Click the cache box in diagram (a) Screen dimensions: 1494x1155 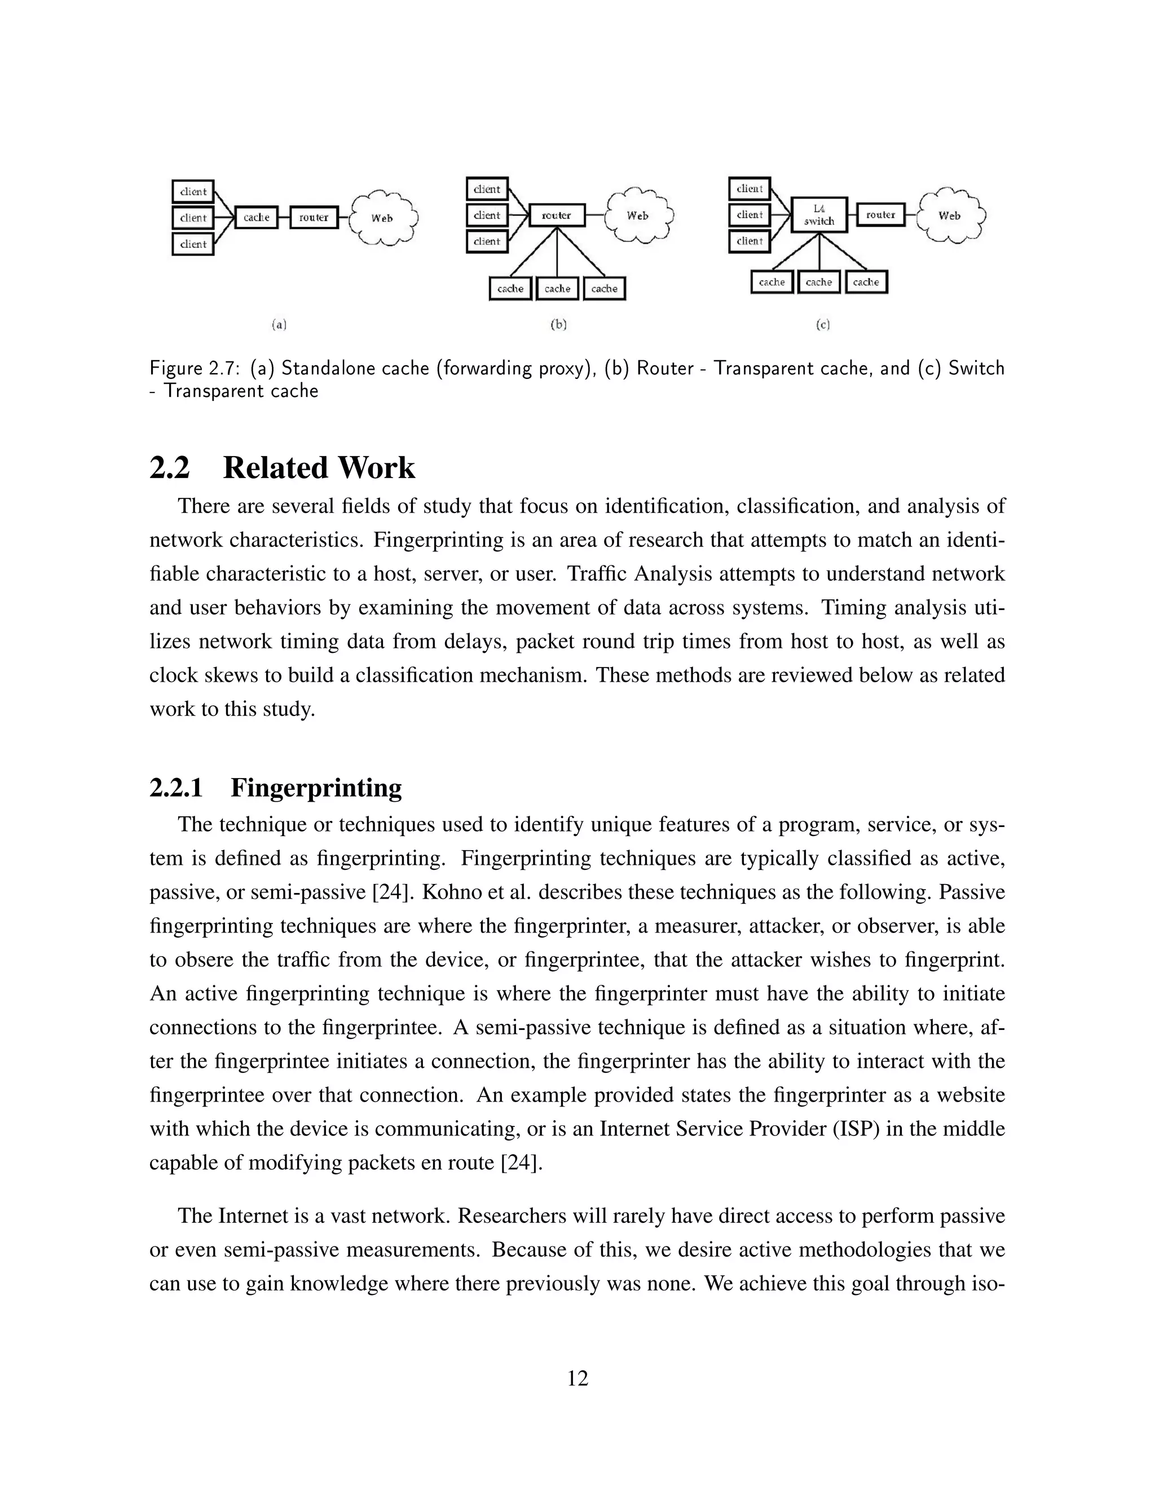point(256,218)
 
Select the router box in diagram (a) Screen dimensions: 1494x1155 point(314,218)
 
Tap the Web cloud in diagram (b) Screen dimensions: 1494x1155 point(637,216)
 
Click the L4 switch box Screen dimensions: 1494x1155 point(819,215)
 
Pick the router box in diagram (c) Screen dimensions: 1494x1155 point(880,215)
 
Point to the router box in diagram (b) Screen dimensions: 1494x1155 point(557,215)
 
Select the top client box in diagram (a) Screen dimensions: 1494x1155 point(193,192)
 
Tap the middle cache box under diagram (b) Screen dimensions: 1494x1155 point(558,289)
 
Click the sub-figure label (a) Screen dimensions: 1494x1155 point(279,324)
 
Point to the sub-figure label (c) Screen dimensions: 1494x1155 point(822,324)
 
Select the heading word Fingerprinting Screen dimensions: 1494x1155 point(316,788)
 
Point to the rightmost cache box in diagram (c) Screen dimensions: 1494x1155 point(866,282)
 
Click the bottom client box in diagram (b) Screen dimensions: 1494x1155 point(487,241)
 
